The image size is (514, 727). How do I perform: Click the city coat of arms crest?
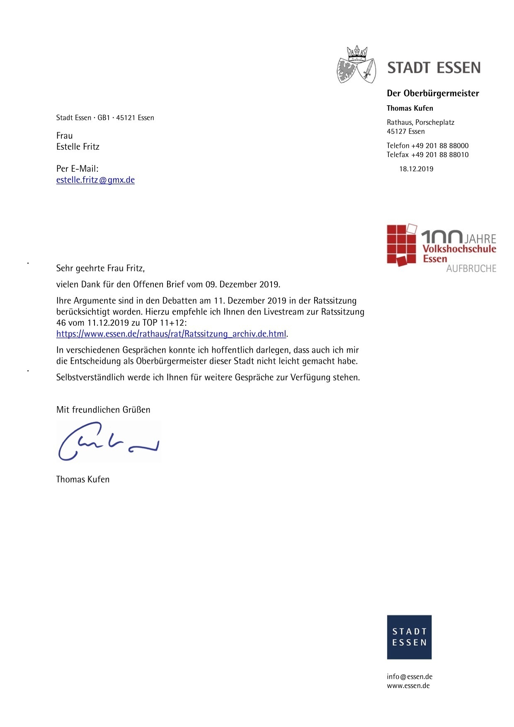click(356, 65)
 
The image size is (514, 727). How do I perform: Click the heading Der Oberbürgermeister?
click(433, 93)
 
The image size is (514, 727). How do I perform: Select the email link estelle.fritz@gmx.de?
click(95, 180)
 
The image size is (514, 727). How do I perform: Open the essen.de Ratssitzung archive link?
click(171, 334)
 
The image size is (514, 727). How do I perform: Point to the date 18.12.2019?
click(416, 169)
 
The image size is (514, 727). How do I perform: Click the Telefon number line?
click(427, 146)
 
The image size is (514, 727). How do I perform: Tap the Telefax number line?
click(427, 155)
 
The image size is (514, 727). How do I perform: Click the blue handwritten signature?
click(108, 442)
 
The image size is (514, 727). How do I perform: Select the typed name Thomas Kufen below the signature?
click(83, 480)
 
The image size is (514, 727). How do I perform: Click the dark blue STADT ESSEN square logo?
click(409, 637)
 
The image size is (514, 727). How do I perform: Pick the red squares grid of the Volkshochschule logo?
click(401, 245)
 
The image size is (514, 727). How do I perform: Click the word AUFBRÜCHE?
click(471, 269)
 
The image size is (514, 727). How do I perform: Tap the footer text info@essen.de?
click(410, 677)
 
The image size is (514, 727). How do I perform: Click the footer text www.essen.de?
click(408, 686)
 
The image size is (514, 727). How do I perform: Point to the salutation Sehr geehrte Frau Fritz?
click(100, 268)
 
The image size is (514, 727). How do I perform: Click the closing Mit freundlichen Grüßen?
click(103, 410)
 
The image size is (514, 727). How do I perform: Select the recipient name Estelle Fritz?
click(78, 147)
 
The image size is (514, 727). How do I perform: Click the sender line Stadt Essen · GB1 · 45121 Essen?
click(105, 118)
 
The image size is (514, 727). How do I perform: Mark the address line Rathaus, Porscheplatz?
click(420, 123)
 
